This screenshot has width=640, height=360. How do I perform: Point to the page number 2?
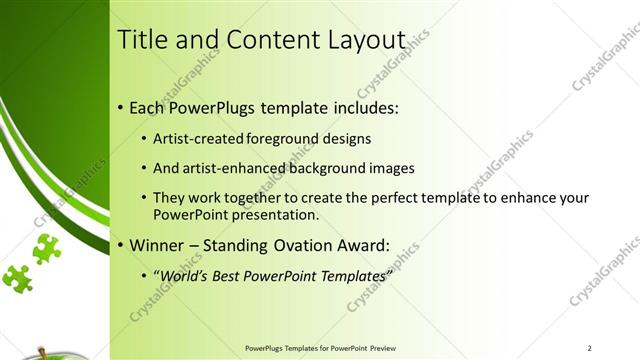pos(590,348)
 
